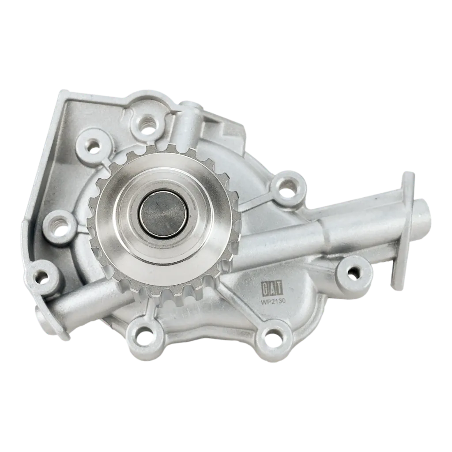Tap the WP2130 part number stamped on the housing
273,301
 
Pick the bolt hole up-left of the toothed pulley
94,147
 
